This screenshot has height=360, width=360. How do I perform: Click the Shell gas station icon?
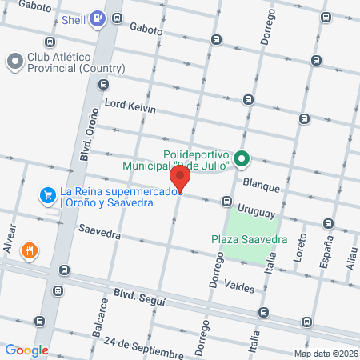(98, 18)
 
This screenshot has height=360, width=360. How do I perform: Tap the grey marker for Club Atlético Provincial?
(14, 62)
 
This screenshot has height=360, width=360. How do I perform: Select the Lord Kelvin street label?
(129, 107)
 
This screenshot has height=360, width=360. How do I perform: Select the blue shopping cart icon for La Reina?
(48, 194)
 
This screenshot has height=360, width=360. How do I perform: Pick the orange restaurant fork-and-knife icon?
(30, 250)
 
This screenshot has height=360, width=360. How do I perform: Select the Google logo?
(26, 350)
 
